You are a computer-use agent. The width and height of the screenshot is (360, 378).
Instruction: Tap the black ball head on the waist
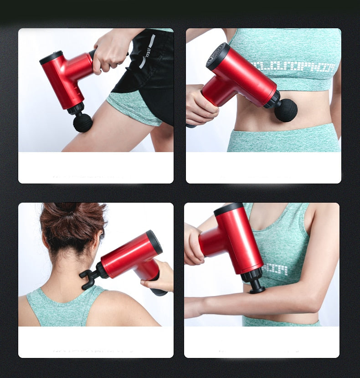pos(286,110)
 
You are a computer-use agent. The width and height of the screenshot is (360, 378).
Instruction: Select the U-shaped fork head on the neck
pos(89,279)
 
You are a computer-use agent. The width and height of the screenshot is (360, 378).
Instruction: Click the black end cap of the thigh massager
pos(50,57)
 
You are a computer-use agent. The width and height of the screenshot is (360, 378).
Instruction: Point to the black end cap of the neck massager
pos(154,242)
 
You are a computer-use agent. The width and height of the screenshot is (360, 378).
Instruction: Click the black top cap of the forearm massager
pos(228,209)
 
